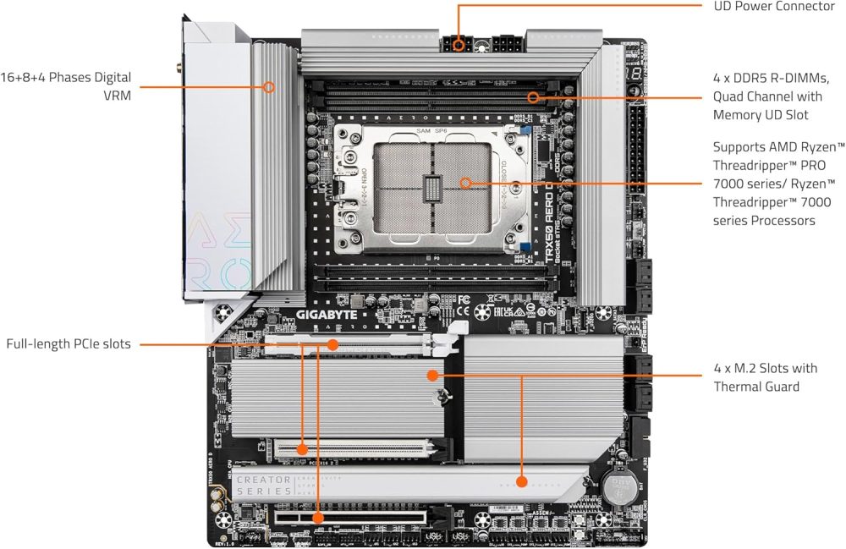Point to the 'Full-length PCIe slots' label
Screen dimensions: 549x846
coord(69,344)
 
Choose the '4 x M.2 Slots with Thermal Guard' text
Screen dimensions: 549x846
coord(765,377)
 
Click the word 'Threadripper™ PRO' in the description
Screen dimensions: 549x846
coord(769,165)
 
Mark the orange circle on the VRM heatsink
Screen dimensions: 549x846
coord(269,86)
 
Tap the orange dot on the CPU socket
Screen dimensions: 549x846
coord(464,182)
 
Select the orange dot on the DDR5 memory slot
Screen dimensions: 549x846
coord(533,96)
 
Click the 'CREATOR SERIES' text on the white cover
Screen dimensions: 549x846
coord(264,486)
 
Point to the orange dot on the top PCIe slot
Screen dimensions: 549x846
coord(333,344)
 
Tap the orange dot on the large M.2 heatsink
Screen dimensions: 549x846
coord(432,374)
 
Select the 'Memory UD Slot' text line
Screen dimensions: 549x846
coord(761,114)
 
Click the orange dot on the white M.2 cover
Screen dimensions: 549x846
coord(521,482)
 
